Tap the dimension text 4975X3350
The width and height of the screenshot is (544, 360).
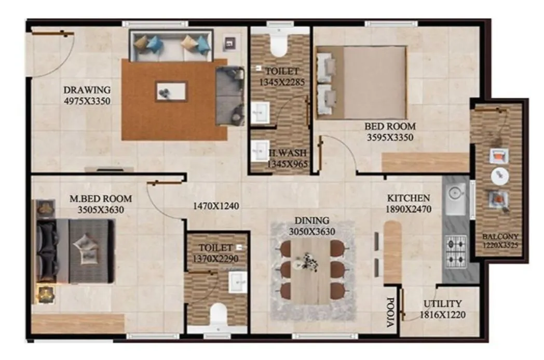[87, 101]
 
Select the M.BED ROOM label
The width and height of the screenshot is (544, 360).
[101, 198]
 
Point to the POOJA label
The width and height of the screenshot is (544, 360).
[391, 313]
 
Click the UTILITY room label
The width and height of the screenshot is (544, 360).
[442, 303]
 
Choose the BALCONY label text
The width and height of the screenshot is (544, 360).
[500, 236]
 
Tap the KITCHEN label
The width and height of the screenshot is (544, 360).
[408, 198]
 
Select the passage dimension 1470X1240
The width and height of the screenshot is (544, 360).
[215, 206]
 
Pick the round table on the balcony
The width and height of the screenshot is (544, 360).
[500, 176]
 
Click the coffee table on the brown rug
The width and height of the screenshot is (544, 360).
[171, 91]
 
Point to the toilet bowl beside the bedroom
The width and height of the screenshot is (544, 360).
[279, 45]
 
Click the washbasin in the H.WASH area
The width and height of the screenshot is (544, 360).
[259, 151]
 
